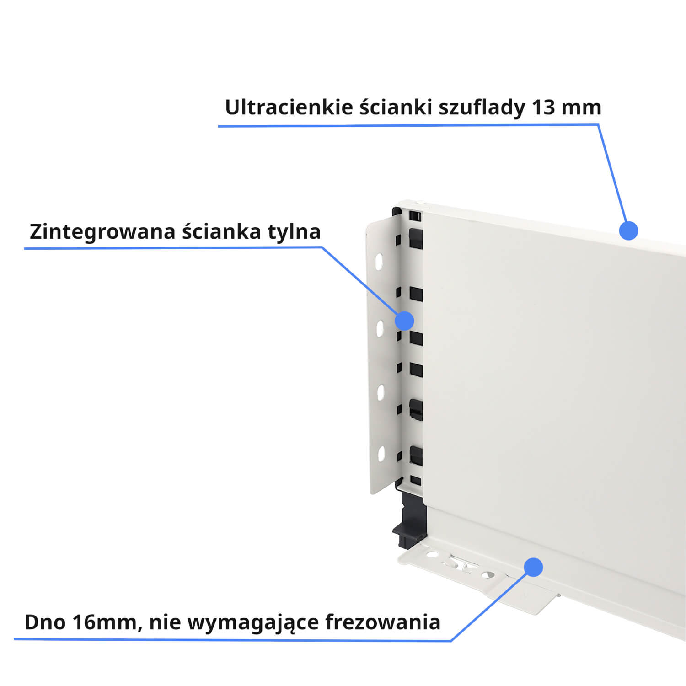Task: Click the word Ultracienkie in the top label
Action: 289,107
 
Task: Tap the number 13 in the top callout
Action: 543,107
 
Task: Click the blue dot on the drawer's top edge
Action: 628,230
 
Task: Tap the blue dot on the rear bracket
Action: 404,321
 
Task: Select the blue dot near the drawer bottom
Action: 533,567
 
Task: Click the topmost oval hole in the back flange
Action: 380,261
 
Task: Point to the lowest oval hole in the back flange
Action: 381,454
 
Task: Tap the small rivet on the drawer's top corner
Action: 419,201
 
